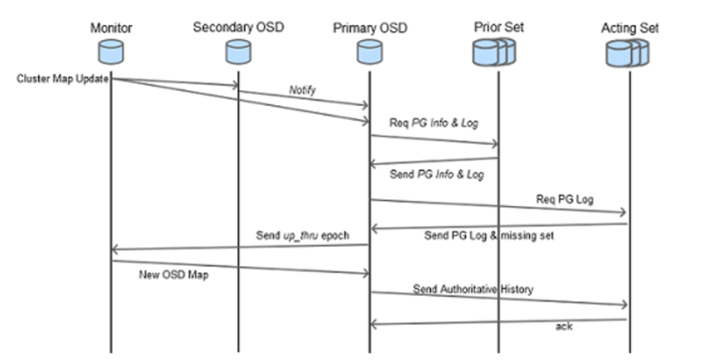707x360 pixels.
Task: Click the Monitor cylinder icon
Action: [110, 52]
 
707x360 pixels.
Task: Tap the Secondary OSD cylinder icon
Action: [238, 52]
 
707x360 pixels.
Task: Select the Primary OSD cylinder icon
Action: [369, 52]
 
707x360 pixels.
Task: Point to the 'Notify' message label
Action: [302, 91]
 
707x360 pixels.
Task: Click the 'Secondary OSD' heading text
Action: [238, 28]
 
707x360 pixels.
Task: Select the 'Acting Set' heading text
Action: [629, 29]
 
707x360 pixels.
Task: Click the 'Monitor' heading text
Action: [111, 28]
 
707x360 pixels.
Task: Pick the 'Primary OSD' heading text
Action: [369, 29]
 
